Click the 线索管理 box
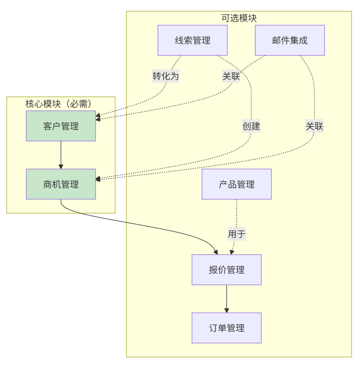192,40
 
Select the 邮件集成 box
290,40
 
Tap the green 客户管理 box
61,126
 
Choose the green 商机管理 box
61,184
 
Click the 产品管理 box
237,184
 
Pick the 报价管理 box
227,270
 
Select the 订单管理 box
227,328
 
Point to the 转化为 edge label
166,76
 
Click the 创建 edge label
251,126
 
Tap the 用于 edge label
237,234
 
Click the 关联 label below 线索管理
231,76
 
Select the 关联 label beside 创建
314,126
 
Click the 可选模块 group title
239,18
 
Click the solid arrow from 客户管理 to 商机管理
61,155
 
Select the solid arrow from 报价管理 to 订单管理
227,298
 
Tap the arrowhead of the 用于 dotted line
232,252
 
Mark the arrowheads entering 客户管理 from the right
98,118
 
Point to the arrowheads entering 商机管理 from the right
98,179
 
